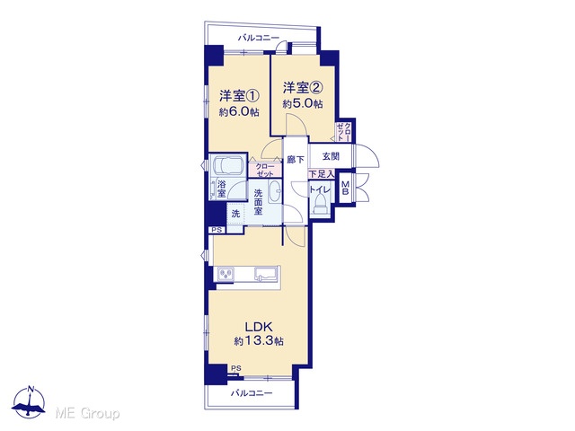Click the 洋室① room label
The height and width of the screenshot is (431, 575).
(240, 96)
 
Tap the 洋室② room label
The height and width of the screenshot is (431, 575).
(303, 88)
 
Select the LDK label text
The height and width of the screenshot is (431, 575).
(258, 326)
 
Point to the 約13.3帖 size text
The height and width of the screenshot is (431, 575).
(259, 341)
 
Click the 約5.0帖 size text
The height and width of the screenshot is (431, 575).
(303, 104)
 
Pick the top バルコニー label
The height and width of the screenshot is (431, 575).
(259, 38)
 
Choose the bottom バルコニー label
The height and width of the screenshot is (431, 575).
(252, 393)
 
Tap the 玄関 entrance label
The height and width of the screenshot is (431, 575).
(331, 156)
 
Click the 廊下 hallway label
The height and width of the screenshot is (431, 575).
(296, 160)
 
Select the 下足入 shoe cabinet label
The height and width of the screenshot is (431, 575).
(322, 173)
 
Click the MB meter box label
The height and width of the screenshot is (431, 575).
(345, 189)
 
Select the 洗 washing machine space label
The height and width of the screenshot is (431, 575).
(235, 214)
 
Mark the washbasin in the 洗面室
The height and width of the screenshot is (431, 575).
(275, 191)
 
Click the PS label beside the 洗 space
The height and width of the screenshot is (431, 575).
(217, 230)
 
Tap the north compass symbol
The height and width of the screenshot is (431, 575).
(29, 401)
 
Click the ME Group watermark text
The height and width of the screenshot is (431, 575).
(88, 413)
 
